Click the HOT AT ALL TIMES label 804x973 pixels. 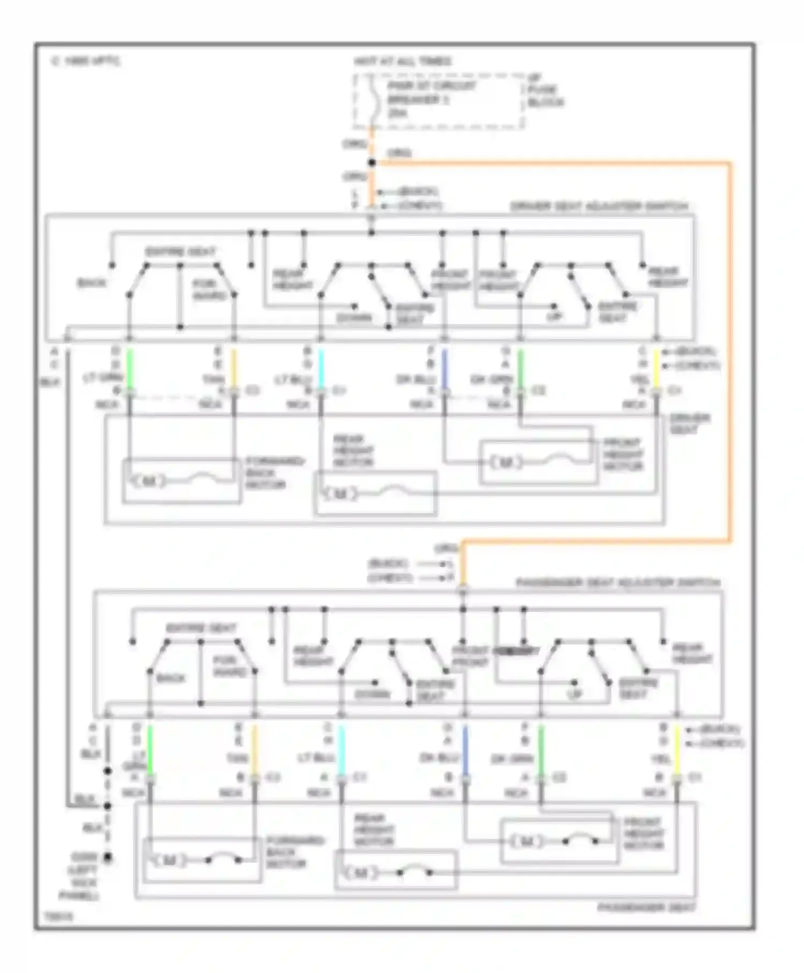(402, 62)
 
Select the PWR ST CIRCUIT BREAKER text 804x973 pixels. (431, 93)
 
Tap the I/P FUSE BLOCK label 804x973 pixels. (545, 90)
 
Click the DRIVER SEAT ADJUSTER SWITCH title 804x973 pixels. (599, 207)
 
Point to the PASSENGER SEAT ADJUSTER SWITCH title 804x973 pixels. (617, 583)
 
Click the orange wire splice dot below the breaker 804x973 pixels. (371, 163)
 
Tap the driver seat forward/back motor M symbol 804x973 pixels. (149, 481)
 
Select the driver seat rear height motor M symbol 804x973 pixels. (340, 493)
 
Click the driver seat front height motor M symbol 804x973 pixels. (505, 462)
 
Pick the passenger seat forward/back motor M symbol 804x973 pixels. (169, 860)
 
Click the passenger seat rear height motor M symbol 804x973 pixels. (360, 873)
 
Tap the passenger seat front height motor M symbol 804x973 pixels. (526, 842)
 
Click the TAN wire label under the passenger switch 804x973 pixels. (237, 758)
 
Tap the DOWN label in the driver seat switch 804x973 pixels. (354, 318)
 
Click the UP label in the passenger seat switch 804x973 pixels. (574, 694)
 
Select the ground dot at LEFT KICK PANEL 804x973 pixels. (108, 858)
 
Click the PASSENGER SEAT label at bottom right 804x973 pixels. (646, 908)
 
